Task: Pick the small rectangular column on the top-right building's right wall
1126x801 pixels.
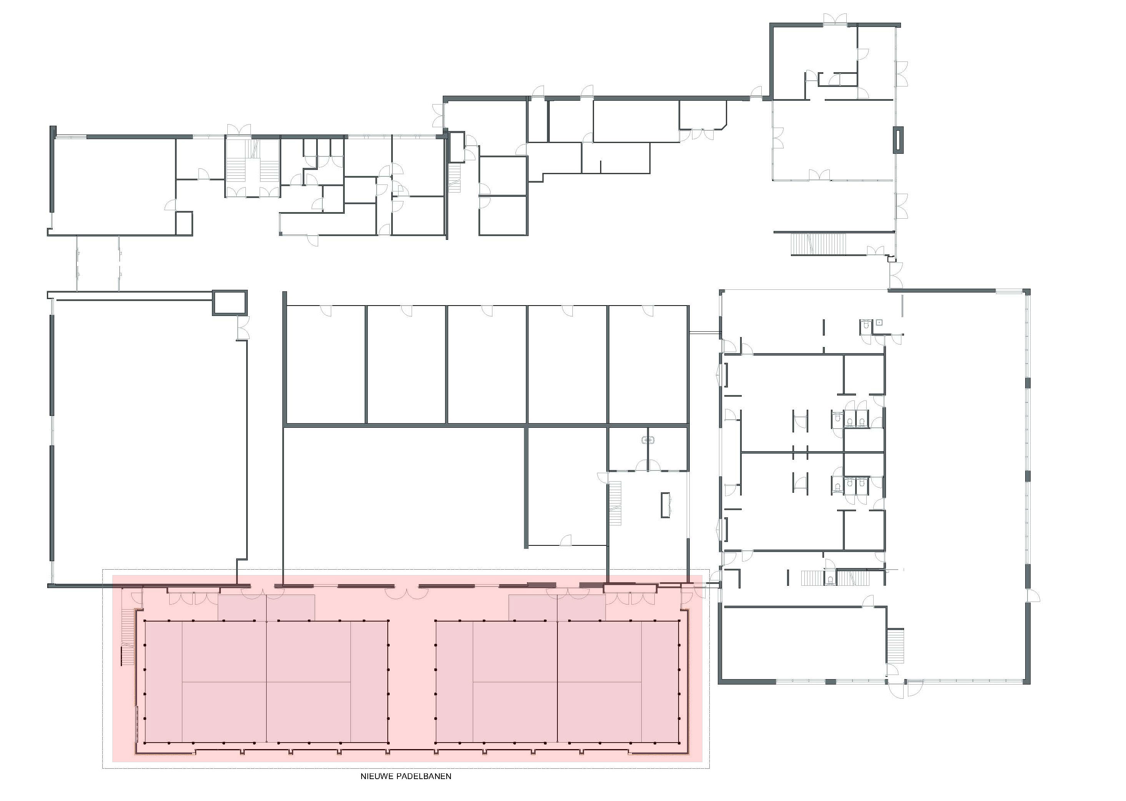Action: point(898,140)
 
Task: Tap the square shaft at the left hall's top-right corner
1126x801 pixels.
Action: point(230,302)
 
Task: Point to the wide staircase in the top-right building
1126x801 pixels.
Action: point(819,244)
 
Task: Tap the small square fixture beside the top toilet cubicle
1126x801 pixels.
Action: point(880,322)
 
